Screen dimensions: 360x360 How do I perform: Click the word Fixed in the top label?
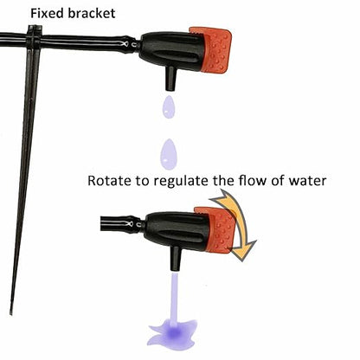click(47, 13)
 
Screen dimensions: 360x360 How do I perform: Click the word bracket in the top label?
click(92, 13)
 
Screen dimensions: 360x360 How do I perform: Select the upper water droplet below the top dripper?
click(169, 107)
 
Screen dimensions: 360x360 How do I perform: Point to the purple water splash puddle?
click(172, 333)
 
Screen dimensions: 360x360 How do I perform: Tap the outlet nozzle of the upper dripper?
click(170, 79)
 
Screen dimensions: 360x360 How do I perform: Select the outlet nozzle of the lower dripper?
click(176, 258)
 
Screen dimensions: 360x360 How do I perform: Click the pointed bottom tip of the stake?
click(11, 314)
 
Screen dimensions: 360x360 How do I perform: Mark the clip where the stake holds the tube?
click(34, 39)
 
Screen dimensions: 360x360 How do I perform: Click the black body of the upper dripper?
click(172, 51)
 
